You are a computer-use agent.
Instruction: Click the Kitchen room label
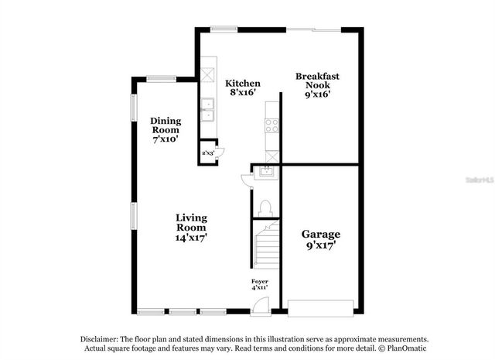coord(242,87)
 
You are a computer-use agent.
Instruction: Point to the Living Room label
coord(190,228)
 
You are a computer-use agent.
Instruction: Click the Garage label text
coord(320,239)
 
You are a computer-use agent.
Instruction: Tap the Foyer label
coord(260,284)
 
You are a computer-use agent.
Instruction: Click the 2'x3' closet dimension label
coord(208,153)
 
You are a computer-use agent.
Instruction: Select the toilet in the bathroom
coord(265,207)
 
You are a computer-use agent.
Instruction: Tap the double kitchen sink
coord(207,111)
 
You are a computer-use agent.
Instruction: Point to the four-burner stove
coord(271,125)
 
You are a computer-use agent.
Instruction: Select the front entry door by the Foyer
coord(261,307)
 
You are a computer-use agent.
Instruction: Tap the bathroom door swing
coord(247,180)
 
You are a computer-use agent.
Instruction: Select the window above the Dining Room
coord(162,77)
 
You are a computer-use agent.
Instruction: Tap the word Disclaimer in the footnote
coord(101,340)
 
